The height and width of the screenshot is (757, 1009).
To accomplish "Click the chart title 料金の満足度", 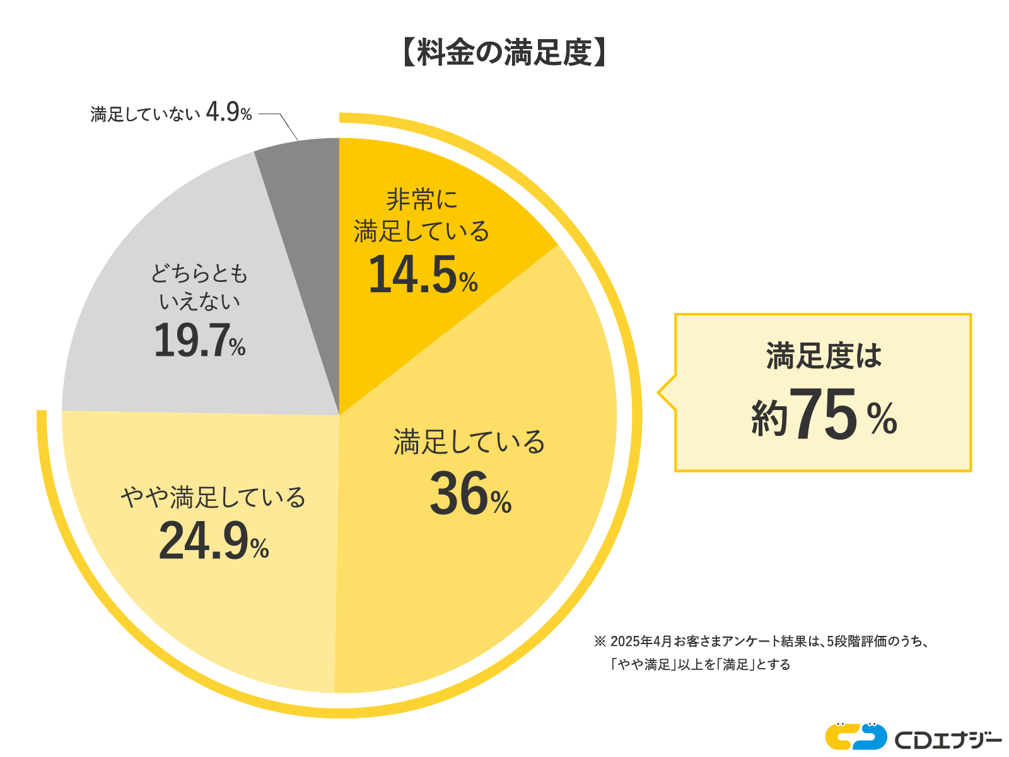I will pyautogui.click(x=504, y=53).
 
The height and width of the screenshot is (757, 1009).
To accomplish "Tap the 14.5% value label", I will pyautogui.click(x=423, y=276).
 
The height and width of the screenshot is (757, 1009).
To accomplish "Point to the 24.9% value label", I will pyautogui.click(x=214, y=542).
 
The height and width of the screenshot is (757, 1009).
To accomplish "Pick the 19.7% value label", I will pyautogui.click(x=199, y=341).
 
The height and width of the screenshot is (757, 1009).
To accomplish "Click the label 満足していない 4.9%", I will pyautogui.click(x=171, y=114).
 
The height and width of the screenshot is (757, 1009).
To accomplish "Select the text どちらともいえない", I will pyautogui.click(x=199, y=288).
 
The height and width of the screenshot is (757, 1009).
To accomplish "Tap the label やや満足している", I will pyautogui.click(x=213, y=498).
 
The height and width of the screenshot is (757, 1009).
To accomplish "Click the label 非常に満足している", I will pyautogui.click(x=421, y=216).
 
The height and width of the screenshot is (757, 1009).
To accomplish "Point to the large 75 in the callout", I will pyautogui.click(x=823, y=415).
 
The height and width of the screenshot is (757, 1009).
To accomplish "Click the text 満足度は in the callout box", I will pyautogui.click(x=824, y=356).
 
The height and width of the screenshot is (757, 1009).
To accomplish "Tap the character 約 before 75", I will pyautogui.click(x=769, y=419).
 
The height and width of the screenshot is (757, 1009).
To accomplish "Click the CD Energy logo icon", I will pyautogui.click(x=856, y=736).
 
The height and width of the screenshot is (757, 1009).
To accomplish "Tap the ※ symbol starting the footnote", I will pyautogui.click(x=599, y=642).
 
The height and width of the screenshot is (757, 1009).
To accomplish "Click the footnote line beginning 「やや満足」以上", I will pyautogui.click(x=700, y=664).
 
